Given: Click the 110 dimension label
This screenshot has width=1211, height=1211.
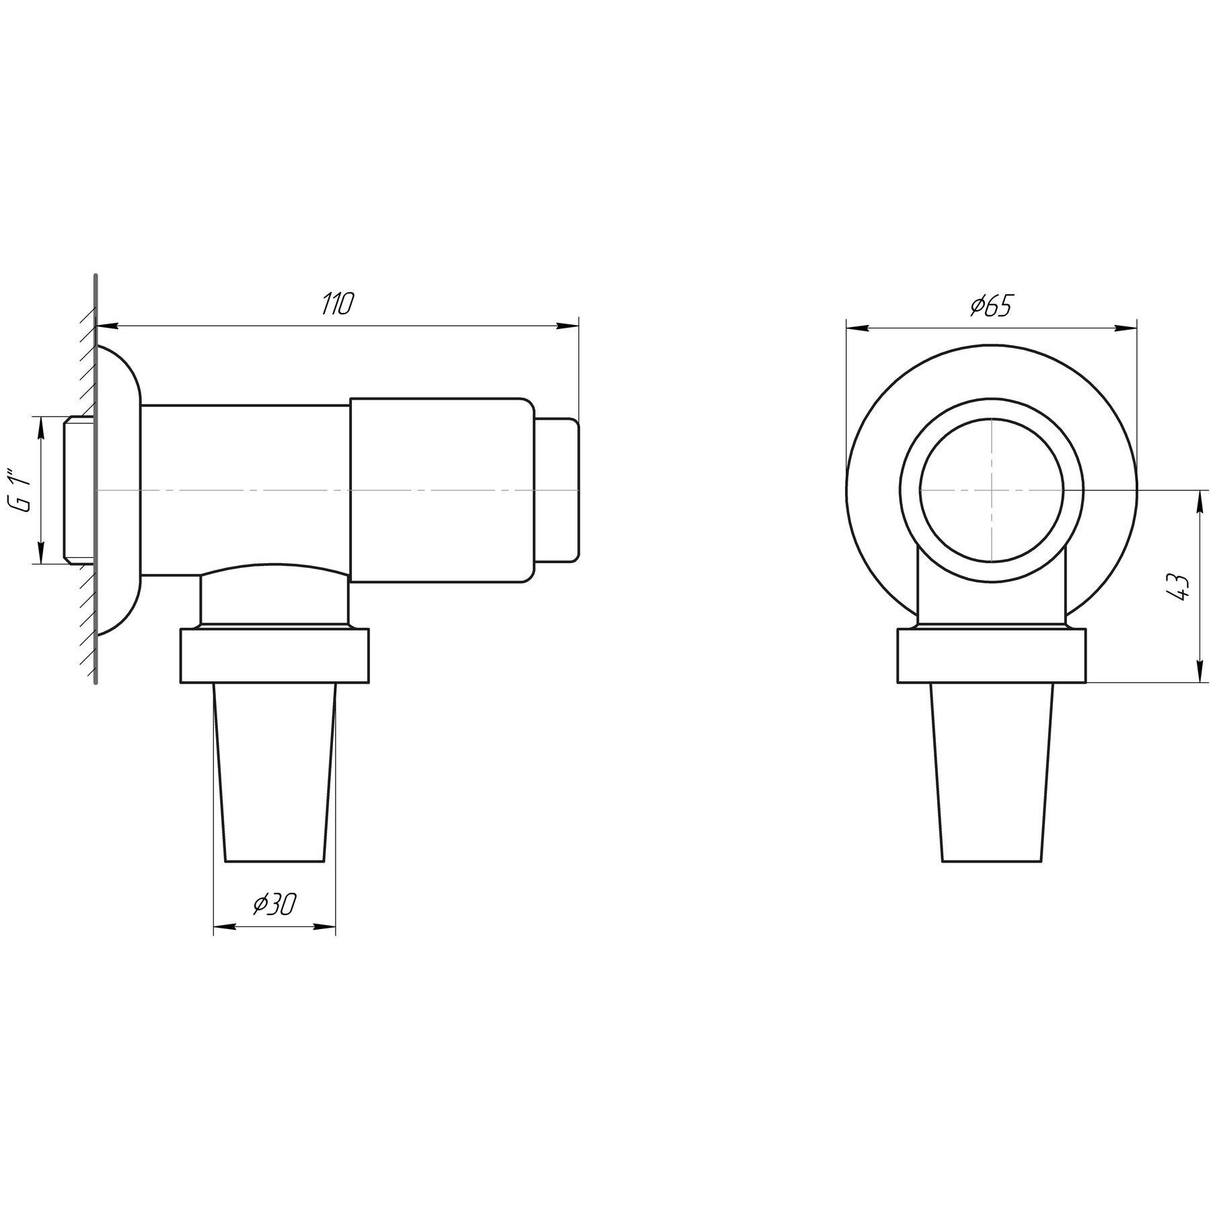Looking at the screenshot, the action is (x=336, y=305).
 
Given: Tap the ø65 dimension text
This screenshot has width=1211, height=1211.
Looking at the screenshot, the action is (x=991, y=307).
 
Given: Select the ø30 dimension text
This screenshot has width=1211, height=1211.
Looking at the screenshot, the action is (x=274, y=905).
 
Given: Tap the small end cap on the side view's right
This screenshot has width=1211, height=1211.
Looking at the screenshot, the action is (x=556, y=490).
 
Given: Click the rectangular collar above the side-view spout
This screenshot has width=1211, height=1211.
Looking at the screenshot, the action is (x=274, y=656).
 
